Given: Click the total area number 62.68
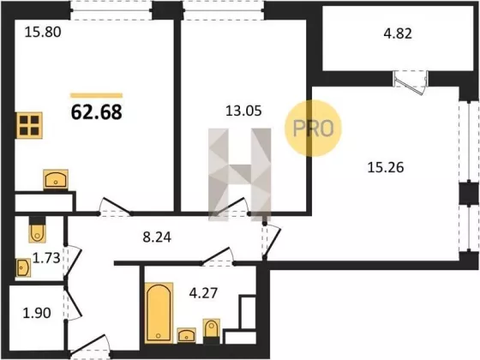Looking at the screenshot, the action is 96,112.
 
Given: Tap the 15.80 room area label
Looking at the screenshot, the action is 43,33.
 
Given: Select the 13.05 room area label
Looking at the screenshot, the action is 243,111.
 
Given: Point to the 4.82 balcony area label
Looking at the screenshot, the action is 398,33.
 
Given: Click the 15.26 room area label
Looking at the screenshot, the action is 386,167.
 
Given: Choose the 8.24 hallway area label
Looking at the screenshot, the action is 157,237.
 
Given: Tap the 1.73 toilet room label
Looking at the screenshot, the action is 46,258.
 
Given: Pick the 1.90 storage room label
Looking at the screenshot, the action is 37,313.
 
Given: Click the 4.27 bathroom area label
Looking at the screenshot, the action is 203,293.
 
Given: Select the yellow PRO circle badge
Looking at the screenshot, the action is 313,129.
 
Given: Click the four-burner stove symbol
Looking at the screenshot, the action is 29,125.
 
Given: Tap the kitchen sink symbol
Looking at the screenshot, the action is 56,179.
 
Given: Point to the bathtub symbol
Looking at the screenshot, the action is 159,313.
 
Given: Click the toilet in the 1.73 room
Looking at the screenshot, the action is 38,230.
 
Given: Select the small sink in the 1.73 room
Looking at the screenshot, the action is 23,267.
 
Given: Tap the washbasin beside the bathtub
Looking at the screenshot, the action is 187,335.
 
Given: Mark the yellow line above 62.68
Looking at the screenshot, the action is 96,95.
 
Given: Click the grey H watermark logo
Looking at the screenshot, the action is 240,175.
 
